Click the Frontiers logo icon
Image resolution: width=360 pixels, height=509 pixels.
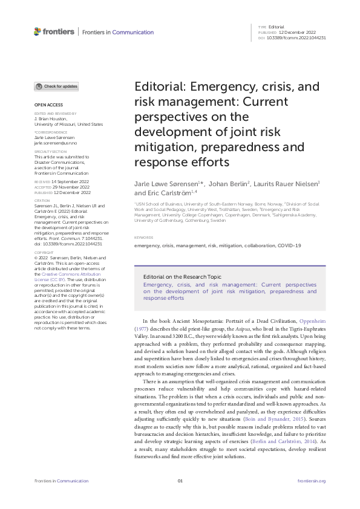38,31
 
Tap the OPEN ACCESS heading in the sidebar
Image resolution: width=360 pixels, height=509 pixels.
47,105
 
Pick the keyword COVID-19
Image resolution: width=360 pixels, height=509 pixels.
289,245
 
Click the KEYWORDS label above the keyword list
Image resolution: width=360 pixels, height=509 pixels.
143,238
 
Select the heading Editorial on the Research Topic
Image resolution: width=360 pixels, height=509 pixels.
178,275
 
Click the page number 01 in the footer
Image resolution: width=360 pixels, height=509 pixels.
180,481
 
